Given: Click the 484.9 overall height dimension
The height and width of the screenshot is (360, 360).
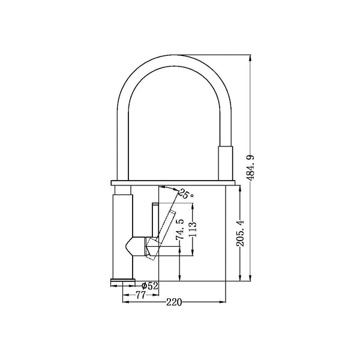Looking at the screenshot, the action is pos(251,168).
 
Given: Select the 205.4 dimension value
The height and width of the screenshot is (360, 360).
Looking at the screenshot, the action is pos(241,233).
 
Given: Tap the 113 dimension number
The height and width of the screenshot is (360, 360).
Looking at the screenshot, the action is pos(193,229).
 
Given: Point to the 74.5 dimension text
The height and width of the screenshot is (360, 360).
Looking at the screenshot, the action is pos(180,230).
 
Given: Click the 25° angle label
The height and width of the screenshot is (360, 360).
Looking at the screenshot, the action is pos(186,194).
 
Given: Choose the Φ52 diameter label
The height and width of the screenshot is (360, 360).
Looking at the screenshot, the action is pos(149,286).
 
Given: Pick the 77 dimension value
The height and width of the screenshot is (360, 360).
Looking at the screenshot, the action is pos(140,295).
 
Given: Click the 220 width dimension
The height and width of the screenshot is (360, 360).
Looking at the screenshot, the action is pos(174,302).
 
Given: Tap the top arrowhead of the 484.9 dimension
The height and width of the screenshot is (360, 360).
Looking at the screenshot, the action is pos(250,58).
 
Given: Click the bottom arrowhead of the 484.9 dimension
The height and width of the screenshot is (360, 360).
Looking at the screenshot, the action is pos(250,278).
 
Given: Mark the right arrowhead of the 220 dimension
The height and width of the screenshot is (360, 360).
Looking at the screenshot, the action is pos(223,302).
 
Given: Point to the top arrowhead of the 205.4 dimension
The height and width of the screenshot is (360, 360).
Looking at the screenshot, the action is pos(240,188).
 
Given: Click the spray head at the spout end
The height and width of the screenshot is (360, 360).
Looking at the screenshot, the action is pos(225,163).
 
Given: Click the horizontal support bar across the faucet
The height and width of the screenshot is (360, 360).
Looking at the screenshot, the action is pos(173,183).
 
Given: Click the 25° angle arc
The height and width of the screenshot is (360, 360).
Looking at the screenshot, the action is pos(169,188).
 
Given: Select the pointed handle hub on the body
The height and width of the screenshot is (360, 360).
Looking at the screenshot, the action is pos(135,247).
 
